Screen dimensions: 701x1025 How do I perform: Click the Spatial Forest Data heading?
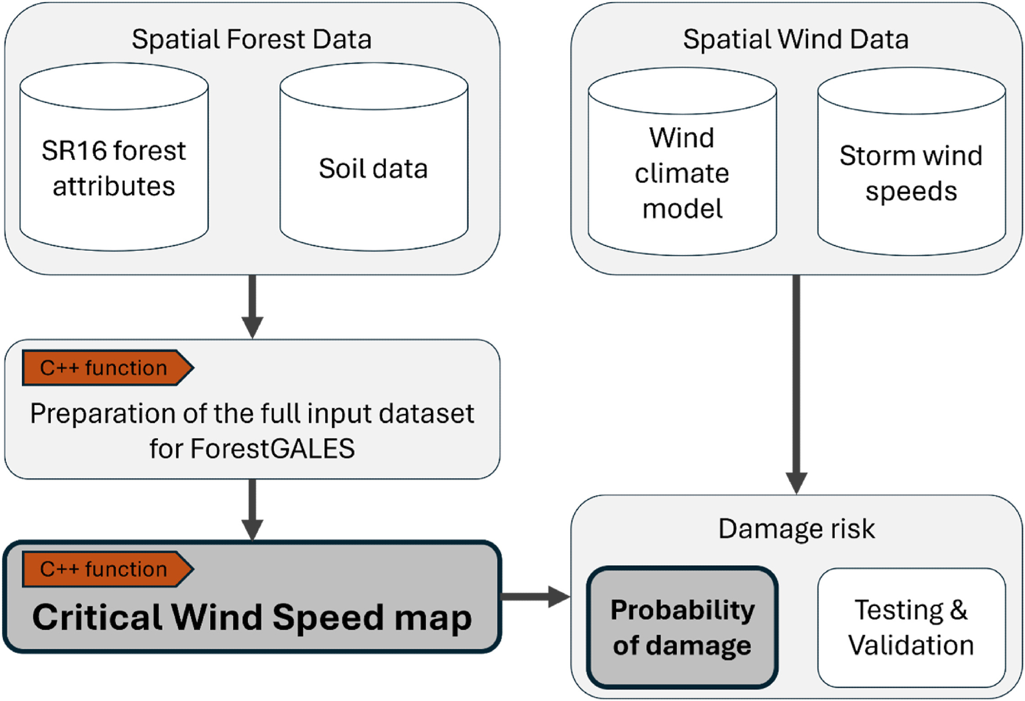[252, 39]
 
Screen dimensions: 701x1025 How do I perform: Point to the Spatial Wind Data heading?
[796, 39]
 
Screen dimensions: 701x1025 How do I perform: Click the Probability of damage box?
[682, 627]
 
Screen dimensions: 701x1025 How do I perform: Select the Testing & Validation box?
[911, 627]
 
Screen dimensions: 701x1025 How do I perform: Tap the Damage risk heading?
[796, 529]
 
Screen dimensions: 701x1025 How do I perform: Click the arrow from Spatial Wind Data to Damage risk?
[796, 385]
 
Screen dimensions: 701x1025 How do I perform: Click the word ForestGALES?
[273, 449]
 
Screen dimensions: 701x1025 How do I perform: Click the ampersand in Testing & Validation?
[958, 610]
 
